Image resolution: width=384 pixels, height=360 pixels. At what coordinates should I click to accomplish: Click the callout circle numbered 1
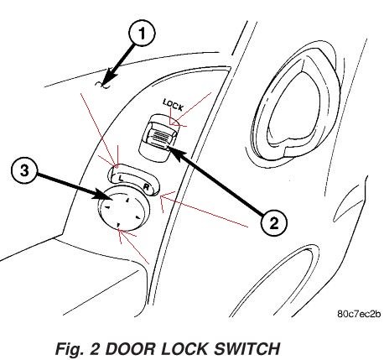142,34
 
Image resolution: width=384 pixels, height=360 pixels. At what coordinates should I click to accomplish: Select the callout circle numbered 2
273,223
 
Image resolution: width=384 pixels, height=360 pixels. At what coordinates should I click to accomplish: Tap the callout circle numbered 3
24,170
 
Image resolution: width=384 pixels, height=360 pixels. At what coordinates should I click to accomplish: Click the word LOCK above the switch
174,105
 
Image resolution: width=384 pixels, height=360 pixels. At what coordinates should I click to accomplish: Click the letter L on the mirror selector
121,178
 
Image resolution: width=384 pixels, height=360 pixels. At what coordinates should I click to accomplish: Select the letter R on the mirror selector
147,187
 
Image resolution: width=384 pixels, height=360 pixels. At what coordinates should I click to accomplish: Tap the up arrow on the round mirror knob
127,200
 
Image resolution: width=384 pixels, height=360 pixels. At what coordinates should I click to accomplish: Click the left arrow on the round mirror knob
106,206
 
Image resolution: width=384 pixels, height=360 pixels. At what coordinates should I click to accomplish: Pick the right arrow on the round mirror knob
138,217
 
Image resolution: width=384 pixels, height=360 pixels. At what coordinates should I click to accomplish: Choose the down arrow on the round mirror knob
118,225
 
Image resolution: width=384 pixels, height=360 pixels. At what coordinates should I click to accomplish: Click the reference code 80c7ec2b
359,314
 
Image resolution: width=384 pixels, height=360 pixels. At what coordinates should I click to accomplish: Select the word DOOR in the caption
130,349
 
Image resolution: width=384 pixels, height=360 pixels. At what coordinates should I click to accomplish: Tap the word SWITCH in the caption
246,349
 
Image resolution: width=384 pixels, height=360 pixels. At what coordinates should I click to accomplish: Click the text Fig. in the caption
70,349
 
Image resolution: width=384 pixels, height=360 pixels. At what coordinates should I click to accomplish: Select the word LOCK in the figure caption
184,349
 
